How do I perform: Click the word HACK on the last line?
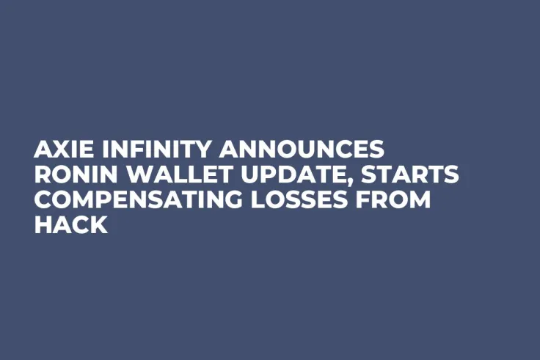click(x=70, y=226)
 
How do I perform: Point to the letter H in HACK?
click(x=43, y=226)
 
